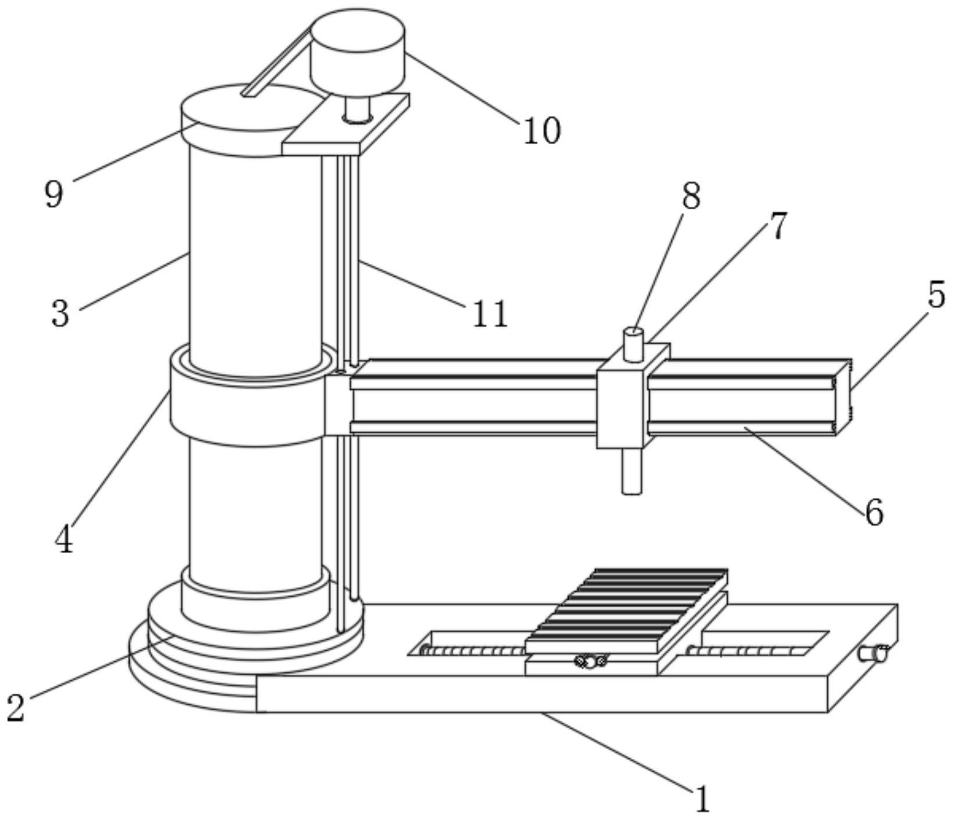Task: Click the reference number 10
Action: [x=542, y=131]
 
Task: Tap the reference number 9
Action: [x=54, y=194]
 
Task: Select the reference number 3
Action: [x=60, y=313]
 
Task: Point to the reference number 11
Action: [x=490, y=315]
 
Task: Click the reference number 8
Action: [x=690, y=196]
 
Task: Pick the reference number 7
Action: [x=778, y=226]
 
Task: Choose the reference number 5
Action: [x=936, y=295]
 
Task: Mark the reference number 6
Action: [x=874, y=512]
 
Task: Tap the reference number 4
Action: [x=64, y=539]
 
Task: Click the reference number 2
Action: [x=16, y=707]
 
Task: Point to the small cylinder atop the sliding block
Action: [x=633, y=344]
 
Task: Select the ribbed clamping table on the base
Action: [x=628, y=611]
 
